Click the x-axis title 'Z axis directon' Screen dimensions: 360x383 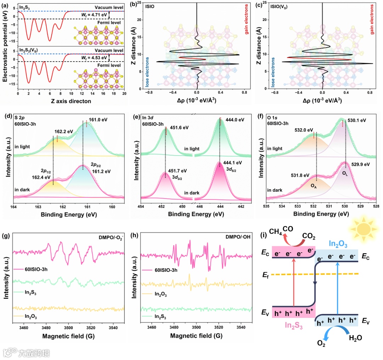point(71,101)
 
